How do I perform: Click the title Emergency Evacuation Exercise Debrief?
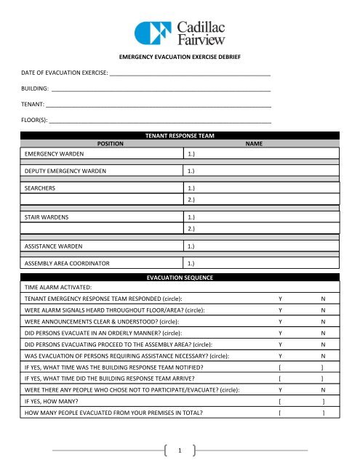(180, 56)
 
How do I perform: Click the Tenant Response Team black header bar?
(180, 136)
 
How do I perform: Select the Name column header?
(254, 144)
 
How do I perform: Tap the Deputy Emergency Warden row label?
(65, 171)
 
